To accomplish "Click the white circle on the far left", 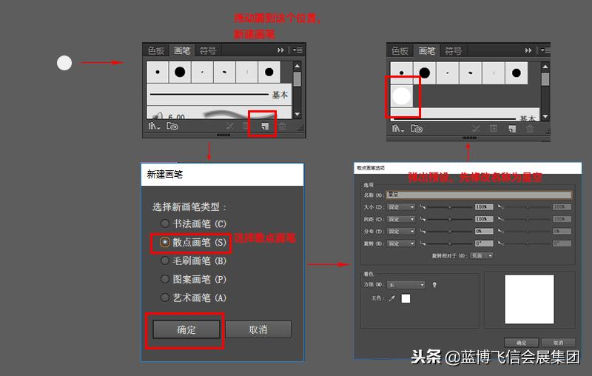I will pyautogui.click(x=64, y=63).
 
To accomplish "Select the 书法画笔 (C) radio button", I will pyautogui.click(x=165, y=224).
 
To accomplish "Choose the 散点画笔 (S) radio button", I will pyautogui.click(x=165, y=242).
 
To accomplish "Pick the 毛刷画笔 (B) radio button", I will pyautogui.click(x=165, y=261).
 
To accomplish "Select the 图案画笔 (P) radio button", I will pyautogui.click(x=165, y=279).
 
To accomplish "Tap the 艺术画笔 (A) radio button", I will pyautogui.click(x=165, y=298).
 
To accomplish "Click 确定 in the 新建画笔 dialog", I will pyautogui.click(x=186, y=329).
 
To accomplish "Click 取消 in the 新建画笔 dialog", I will pyautogui.click(x=258, y=329).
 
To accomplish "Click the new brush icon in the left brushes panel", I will pyautogui.click(x=263, y=127).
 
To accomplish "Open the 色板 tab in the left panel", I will pyautogui.click(x=156, y=50).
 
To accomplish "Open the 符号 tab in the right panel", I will pyautogui.click(x=453, y=51).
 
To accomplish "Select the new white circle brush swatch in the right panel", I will pyautogui.click(x=401, y=95).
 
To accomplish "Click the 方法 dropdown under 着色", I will pyautogui.click(x=406, y=285).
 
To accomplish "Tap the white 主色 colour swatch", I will pyautogui.click(x=406, y=298).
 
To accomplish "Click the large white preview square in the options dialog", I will pyautogui.click(x=528, y=300).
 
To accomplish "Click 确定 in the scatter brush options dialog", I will pyautogui.click(x=521, y=343).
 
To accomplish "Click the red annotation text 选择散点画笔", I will pyautogui.click(x=265, y=238).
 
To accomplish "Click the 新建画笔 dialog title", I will pyautogui.click(x=164, y=175).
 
